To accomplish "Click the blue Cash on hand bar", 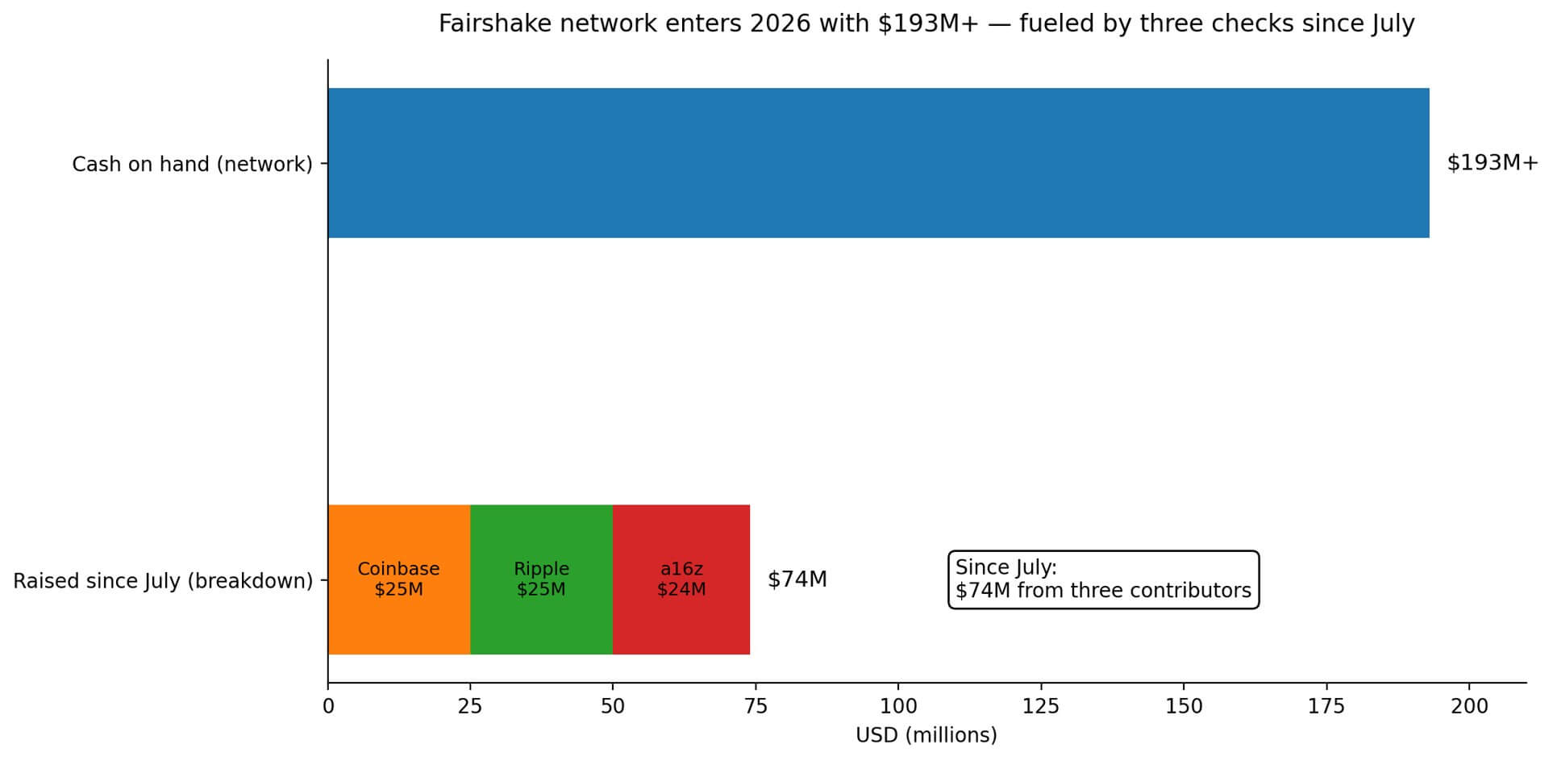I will click(x=878, y=163).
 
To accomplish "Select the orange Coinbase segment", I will click(x=399, y=579).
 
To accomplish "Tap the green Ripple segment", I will click(x=541, y=579).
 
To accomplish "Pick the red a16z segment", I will click(x=681, y=579).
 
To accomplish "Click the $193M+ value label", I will click(x=1492, y=163).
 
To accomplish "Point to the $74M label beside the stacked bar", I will click(x=797, y=579).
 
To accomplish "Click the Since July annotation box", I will click(x=1102, y=579).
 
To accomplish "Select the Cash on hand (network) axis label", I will click(x=192, y=165).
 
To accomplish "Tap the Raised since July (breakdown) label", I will click(x=163, y=581).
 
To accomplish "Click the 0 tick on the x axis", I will click(x=328, y=707).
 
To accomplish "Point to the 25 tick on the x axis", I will click(x=470, y=707).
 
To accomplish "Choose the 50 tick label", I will click(x=613, y=707).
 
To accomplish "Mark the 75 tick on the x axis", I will click(x=756, y=707).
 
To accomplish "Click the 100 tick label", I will click(x=898, y=707).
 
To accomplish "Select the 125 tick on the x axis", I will click(x=1041, y=707).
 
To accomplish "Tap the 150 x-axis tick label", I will click(x=1184, y=707).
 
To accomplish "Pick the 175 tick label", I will click(x=1326, y=707).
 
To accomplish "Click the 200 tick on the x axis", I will click(x=1469, y=707).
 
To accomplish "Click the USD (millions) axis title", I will click(x=926, y=735).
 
